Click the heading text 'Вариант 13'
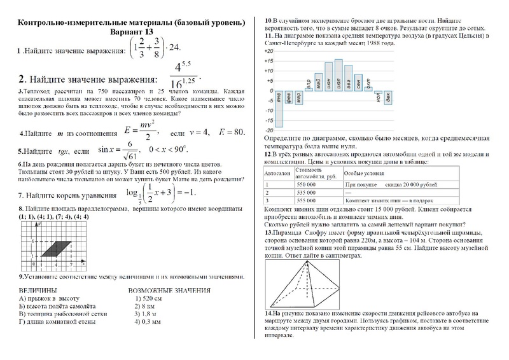pyautogui.click(x=132, y=32)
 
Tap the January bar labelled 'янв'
pyautogui.click(x=279, y=108)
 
